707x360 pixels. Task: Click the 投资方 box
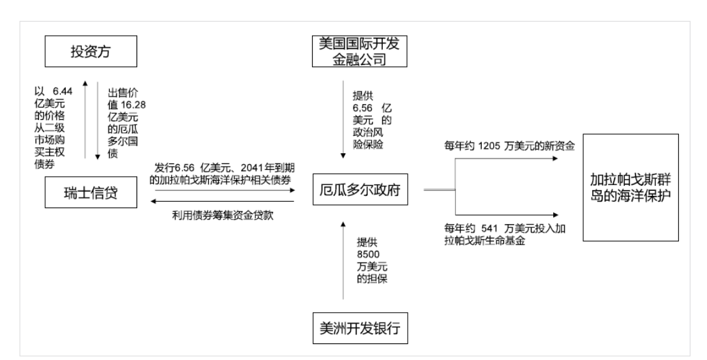91,52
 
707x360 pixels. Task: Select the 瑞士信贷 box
91,192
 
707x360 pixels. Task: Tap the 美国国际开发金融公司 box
359,52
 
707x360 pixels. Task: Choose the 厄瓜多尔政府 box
361,190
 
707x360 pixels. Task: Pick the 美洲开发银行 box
361,328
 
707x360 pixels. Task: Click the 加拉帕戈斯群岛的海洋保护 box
631,187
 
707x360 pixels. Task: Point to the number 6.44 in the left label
63,91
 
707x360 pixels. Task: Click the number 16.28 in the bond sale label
133,105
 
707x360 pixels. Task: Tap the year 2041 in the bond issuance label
251,168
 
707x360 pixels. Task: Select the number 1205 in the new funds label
489,146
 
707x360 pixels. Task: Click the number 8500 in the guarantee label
368,255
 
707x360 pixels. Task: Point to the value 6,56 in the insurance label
363,109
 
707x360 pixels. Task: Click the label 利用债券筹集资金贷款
223,215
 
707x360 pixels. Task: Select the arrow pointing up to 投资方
86,119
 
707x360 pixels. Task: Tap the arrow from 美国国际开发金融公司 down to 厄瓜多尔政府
343,119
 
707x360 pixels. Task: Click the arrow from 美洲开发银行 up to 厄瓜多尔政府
343,260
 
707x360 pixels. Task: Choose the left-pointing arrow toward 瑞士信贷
223,202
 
